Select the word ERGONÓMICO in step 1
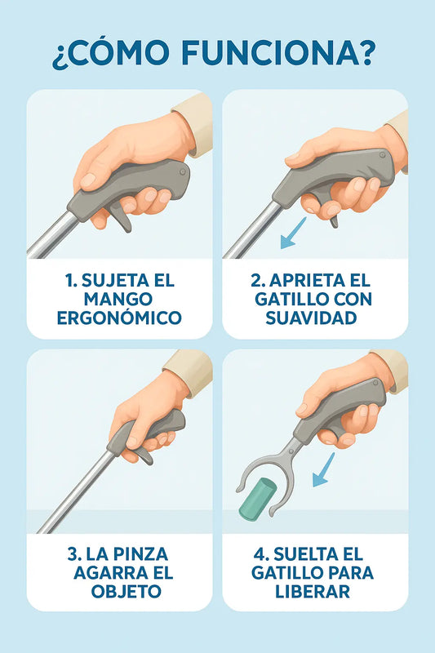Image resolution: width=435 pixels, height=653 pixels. (x=119, y=318)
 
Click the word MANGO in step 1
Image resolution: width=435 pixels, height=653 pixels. (x=118, y=300)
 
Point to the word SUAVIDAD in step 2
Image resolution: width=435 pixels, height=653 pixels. (x=312, y=318)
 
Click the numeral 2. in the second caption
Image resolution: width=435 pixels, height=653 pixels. (x=258, y=281)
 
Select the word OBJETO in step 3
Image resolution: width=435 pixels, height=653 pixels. (x=127, y=592)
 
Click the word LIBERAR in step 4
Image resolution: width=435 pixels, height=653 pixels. (x=313, y=592)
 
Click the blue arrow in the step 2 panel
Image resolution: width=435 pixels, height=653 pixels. (x=293, y=233)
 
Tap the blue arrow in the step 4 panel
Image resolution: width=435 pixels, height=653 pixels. (x=323, y=470)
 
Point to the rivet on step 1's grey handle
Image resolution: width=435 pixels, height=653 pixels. (x=182, y=171)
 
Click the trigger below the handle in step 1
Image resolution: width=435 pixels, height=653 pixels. (x=122, y=216)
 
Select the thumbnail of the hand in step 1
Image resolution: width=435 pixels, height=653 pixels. (x=88, y=180)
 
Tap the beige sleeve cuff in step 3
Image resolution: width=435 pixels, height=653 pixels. (x=189, y=371)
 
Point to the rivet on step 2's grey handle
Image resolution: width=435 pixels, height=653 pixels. (x=382, y=155)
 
